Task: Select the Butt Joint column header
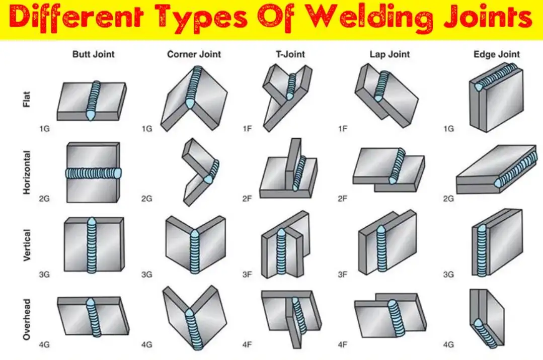93,54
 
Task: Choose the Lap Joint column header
390,54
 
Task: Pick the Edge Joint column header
497,54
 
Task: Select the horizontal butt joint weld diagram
93,172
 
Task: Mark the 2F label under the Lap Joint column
343,199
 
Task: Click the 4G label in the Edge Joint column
448,345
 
